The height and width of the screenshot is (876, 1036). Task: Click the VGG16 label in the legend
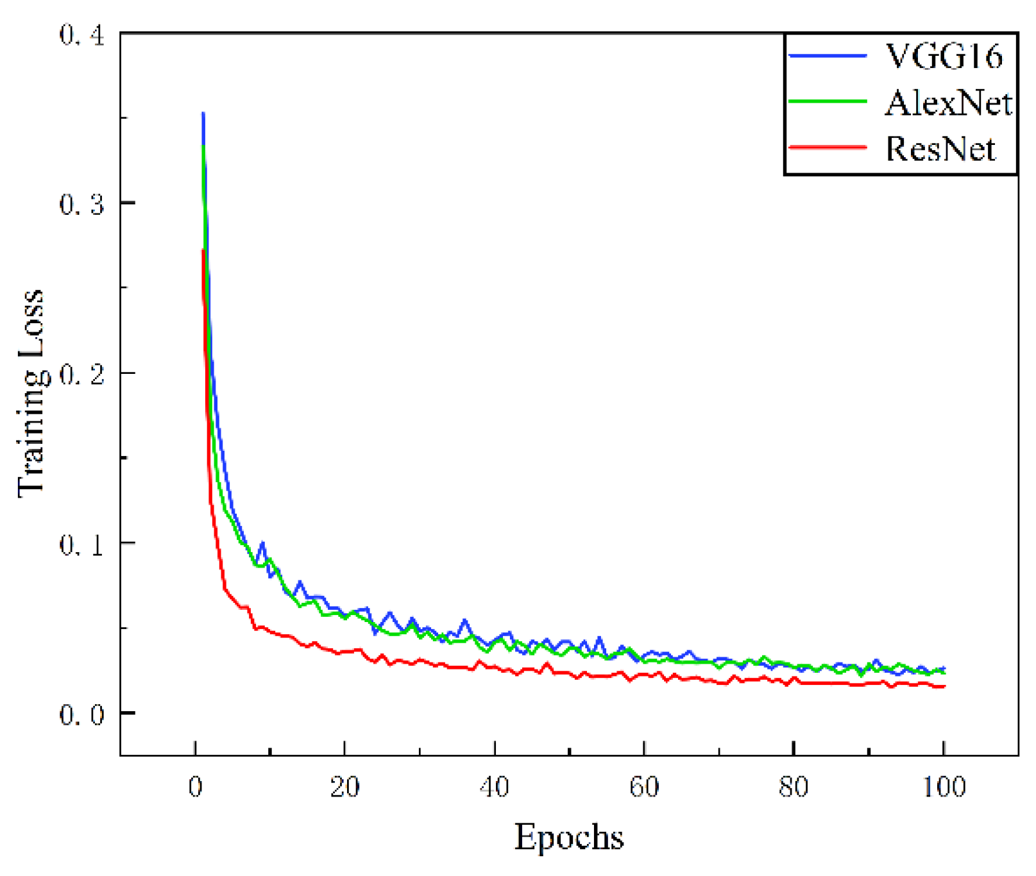pos(943,57)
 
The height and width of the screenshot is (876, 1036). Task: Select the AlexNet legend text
pos(948,103)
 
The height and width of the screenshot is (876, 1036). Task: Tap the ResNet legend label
pos(940,149)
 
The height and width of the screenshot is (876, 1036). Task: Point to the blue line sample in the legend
pos(828,56)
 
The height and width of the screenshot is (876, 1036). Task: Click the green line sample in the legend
pos(828,101)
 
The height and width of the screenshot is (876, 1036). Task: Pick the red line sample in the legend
pos(828,147)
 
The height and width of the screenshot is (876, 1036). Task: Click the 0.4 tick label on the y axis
pos(81,35)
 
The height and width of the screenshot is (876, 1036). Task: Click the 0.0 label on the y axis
pos(81,714)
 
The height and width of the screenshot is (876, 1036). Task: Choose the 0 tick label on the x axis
pos(196,786)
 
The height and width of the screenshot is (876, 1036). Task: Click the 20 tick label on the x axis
pos(345,786)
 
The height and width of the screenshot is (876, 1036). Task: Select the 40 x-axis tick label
pos(495,786)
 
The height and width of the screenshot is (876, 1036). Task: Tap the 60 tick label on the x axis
pos(644,786)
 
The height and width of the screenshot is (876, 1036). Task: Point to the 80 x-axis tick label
pos(794,786)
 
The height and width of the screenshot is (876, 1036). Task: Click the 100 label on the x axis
pos(944,786)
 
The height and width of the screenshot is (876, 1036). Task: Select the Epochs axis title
pos(569,837)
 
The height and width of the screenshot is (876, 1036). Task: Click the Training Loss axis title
pos(31,393)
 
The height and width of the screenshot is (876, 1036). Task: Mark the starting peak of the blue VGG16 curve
pos(203,114)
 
